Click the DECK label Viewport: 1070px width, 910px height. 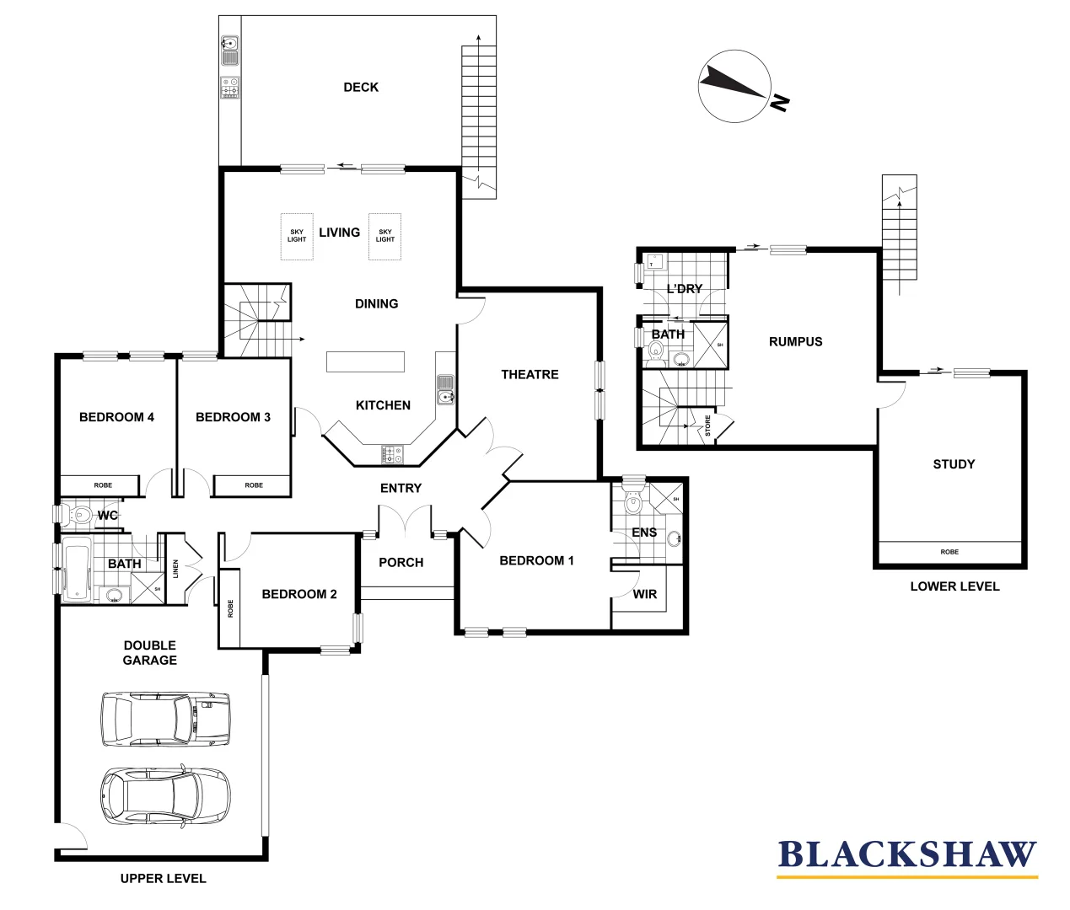(361, 87)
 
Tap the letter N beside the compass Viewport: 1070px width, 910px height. (781, 103)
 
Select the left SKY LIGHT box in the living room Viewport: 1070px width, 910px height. (297, 235)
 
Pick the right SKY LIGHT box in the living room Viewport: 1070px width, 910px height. (385, 235)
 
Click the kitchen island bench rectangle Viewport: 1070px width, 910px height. (365, 361)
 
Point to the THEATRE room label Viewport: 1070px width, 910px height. (530, 374)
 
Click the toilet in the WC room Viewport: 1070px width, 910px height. (80, 514)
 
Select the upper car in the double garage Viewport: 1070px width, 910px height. (164, 720)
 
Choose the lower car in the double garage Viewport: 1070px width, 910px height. (164, 795)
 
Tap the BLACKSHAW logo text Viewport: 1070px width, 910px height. (906, 854)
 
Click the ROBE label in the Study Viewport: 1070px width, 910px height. (949, 552)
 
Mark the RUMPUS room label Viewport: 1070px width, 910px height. (795, 341)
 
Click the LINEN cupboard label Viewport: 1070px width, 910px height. (176, 569)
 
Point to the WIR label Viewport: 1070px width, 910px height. (644, 594)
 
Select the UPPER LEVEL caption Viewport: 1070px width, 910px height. (163, 878)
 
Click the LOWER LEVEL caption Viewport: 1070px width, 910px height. (954, 586)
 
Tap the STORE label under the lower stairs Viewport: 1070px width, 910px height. (707, 426)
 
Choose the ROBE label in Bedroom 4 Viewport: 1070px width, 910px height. (103, 485)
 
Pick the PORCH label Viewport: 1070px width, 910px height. (401, 562)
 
